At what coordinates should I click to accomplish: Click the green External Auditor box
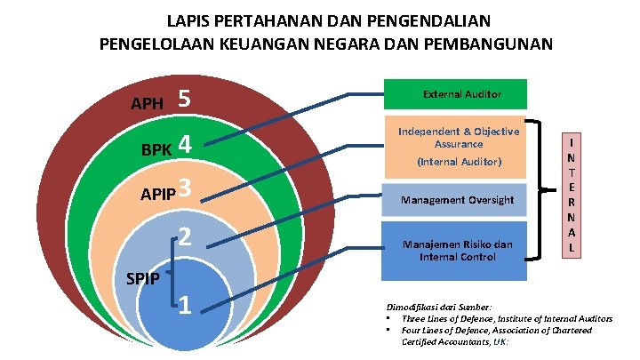pyautogui.click(x=455, y=94)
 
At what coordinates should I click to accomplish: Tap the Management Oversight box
pyautogui.click(x=456, y=200)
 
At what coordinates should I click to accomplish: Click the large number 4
pyautogui.click(x=185, y=143)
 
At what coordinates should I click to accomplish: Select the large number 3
pyautogui.click(x=185, y=188)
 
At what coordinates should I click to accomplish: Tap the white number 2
pyautogui.click(x=185, y=237)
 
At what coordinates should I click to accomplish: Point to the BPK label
pyautogui.click(x=156, y=148)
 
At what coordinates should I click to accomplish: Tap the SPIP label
pyautogui.click(x=142, y=278)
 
